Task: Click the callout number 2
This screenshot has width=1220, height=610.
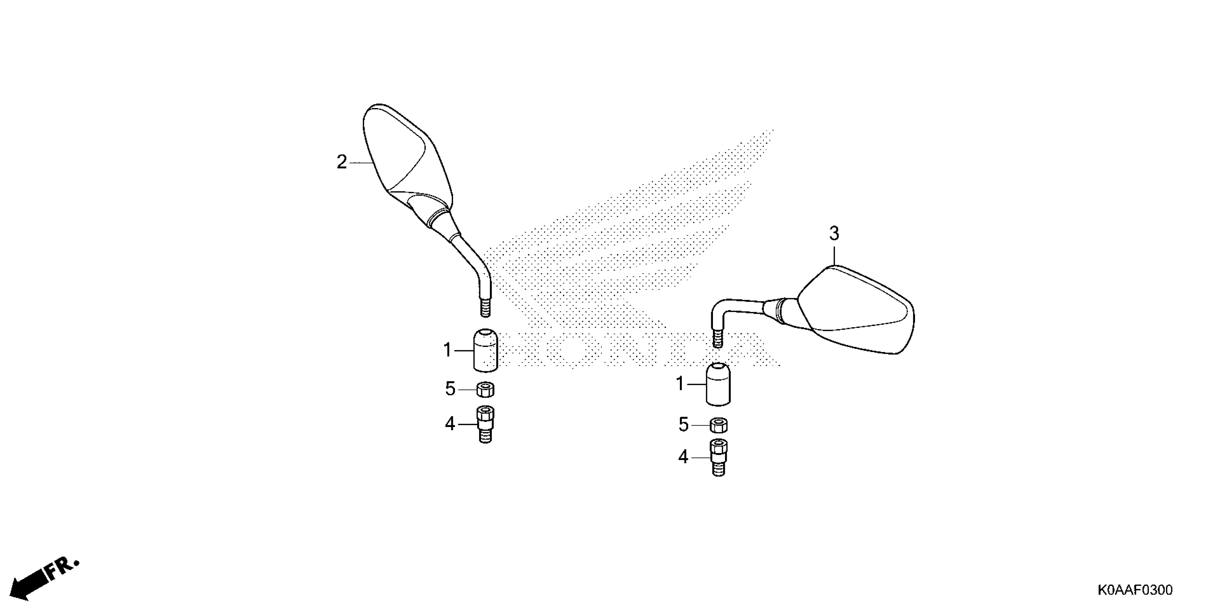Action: [342, 163]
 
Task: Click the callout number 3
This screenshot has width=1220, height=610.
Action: [834, 234]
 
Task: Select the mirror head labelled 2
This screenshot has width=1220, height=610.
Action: [403, 156]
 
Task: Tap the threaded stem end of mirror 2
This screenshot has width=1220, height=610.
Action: [485, 308]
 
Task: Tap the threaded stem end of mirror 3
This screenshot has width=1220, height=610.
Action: [718, 339]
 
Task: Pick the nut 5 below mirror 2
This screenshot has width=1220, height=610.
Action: [485, 390]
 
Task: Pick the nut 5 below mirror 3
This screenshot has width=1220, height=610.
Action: [718, 425]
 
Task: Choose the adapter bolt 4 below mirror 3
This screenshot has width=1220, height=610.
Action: [718, 457]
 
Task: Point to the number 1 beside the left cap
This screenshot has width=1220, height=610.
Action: [447, 351]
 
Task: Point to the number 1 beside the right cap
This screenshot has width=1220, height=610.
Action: [680, 384]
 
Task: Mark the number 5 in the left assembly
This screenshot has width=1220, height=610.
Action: [450, 389]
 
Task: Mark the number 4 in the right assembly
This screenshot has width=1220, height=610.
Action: [683, 457]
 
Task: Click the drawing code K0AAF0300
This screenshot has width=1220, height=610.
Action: [1134, 590]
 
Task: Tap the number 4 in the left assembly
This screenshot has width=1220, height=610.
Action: [450, 424]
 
